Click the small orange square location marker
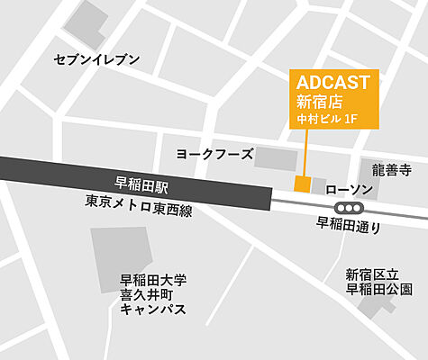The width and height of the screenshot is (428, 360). [x=302, y=184]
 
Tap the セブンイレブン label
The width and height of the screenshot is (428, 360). [x=97, y=59]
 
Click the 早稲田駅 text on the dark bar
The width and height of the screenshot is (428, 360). [x=142, y=182]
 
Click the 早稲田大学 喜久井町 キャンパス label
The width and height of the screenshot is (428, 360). [x=153, y=293]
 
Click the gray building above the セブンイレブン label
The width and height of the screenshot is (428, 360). [x=87, y=24]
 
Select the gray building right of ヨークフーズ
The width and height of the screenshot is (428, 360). [x=275, y=158]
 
